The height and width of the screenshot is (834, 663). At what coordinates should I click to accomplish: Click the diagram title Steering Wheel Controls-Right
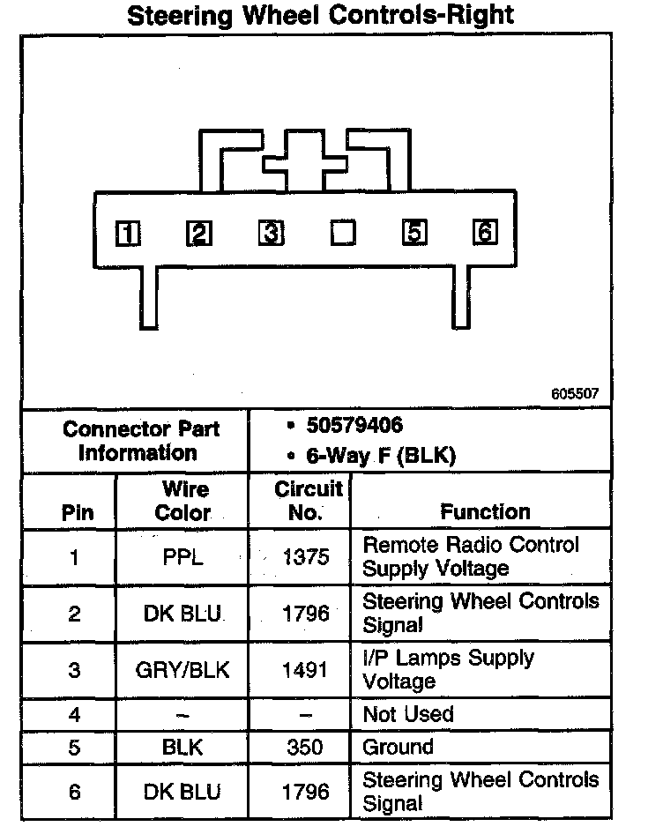[x=321, y=16]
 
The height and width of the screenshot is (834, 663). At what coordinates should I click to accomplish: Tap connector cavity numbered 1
[x=129, y=233]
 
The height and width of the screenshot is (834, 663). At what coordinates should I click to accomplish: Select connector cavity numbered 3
[x=271, y=233]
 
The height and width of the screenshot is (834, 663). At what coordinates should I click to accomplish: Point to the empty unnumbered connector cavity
[x=342, y=233]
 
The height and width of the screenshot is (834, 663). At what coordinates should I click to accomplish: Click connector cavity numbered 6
[x=484, y=232]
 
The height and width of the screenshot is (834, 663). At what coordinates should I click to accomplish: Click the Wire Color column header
[x=184, y=501]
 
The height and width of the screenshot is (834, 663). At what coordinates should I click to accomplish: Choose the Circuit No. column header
[x=308, y=501]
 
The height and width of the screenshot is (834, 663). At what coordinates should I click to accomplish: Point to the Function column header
[x=485, y=511]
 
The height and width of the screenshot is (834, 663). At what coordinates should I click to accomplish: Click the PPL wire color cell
[x=183, y=557]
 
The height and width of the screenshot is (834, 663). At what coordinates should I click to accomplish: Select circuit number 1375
[x=306, y=557]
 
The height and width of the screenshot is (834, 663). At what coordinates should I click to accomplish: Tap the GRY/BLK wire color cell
[x=183, y=670]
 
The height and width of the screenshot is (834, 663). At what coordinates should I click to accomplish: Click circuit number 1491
[x=306, y=670]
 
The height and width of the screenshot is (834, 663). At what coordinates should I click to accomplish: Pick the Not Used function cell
[x=408, y=713]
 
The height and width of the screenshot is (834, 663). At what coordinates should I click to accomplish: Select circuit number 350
[x=306, y=748]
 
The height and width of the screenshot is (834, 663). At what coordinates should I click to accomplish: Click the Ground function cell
[x=399, y=748]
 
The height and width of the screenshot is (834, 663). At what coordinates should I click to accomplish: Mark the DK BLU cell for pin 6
[x=183, y=792]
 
